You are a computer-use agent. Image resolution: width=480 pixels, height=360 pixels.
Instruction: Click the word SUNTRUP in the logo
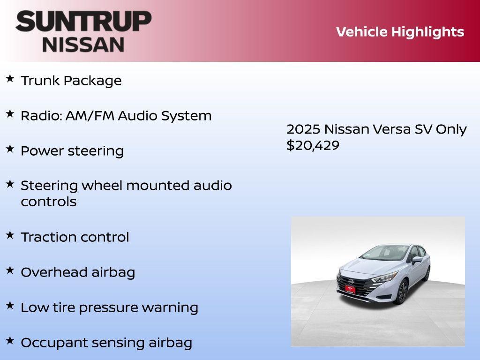[x=83, y=22]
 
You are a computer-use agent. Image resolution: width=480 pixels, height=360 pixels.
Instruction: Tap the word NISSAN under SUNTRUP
[x=83, y=45]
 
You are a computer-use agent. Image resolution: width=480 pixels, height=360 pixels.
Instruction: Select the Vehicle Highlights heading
[x=400, y=32]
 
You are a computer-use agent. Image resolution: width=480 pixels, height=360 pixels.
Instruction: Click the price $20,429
[x=313, y=145]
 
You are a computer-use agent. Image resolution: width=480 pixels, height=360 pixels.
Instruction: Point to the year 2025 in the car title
[x=303, y=129]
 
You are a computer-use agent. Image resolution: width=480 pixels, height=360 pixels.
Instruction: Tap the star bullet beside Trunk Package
[x=10, y=79]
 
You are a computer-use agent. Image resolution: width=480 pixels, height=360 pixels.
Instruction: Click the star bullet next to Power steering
[x=10, y=149]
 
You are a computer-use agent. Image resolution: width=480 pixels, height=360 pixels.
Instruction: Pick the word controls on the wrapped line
[x=48, y=202]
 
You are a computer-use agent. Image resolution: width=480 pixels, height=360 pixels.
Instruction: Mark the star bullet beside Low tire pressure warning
[x=10, y=306]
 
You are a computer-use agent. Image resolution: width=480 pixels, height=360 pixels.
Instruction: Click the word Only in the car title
[x=451, y=129]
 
